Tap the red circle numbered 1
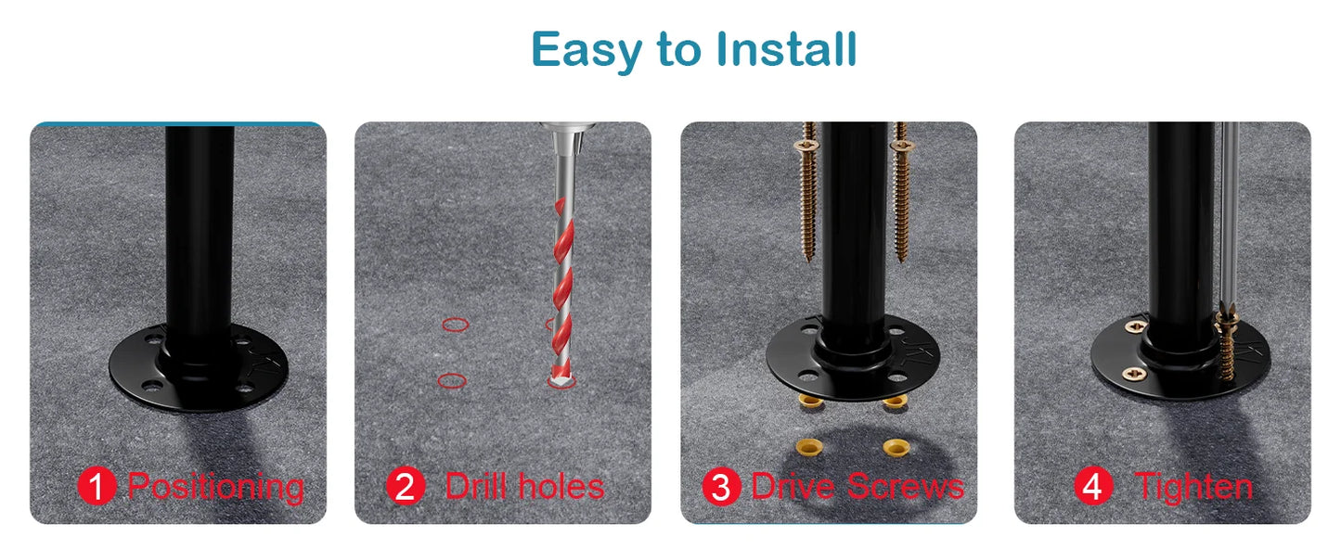click(x=97, y=487)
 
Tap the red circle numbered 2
click(x=405, y=487)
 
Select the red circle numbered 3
click(x=721, y=487)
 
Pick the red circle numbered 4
click(x=1094, y=487)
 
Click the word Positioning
click(x=215, y=487)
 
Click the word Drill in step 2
click(x=475, y=487)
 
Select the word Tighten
click(x=1193, y=487)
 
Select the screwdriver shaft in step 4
click(x=1229, y=213)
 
